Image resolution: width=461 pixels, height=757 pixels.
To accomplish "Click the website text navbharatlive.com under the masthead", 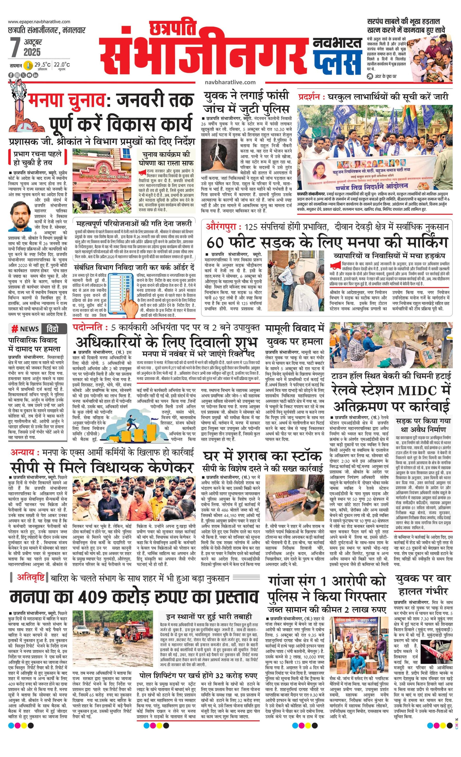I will click(x=230, y=82).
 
